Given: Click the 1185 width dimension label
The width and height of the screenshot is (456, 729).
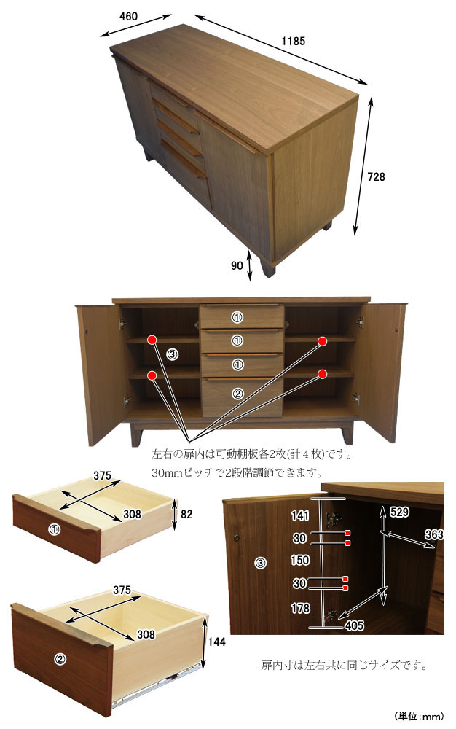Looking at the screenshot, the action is [293, 41].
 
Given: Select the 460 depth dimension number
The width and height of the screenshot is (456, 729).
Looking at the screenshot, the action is [128, 16].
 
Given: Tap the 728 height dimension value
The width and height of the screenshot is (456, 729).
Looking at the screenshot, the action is [376, 176].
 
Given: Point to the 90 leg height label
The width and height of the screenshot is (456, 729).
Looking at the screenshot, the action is [237, 265].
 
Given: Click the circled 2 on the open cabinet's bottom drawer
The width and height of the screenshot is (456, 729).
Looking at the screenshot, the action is [237, 394].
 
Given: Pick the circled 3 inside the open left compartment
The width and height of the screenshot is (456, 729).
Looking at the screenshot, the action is [173, 355].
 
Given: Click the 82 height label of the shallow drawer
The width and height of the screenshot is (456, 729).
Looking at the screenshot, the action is [186, 514].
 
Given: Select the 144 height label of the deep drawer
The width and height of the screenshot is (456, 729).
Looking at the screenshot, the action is [216, 642].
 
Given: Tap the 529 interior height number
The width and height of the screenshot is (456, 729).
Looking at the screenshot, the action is [399, 512].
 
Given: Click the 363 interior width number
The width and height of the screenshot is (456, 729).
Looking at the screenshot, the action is [434, 534].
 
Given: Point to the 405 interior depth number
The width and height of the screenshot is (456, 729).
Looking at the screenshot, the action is [354, 625].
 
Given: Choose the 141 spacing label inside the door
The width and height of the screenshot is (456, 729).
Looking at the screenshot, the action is [300, 515].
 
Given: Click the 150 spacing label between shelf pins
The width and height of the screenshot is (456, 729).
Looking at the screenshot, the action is [300, 560].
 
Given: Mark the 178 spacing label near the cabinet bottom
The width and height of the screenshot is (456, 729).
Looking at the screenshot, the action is [300, 608].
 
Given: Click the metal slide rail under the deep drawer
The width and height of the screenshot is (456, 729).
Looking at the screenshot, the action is [158, 685].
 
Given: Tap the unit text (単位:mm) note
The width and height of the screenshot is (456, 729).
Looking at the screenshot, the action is [419, 716].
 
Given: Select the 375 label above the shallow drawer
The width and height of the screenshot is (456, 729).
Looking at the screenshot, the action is [102, 475].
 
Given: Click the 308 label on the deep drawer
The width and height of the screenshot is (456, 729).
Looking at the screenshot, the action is [146, 634].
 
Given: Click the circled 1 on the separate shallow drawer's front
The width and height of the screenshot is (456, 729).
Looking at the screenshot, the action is [55, 529].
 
